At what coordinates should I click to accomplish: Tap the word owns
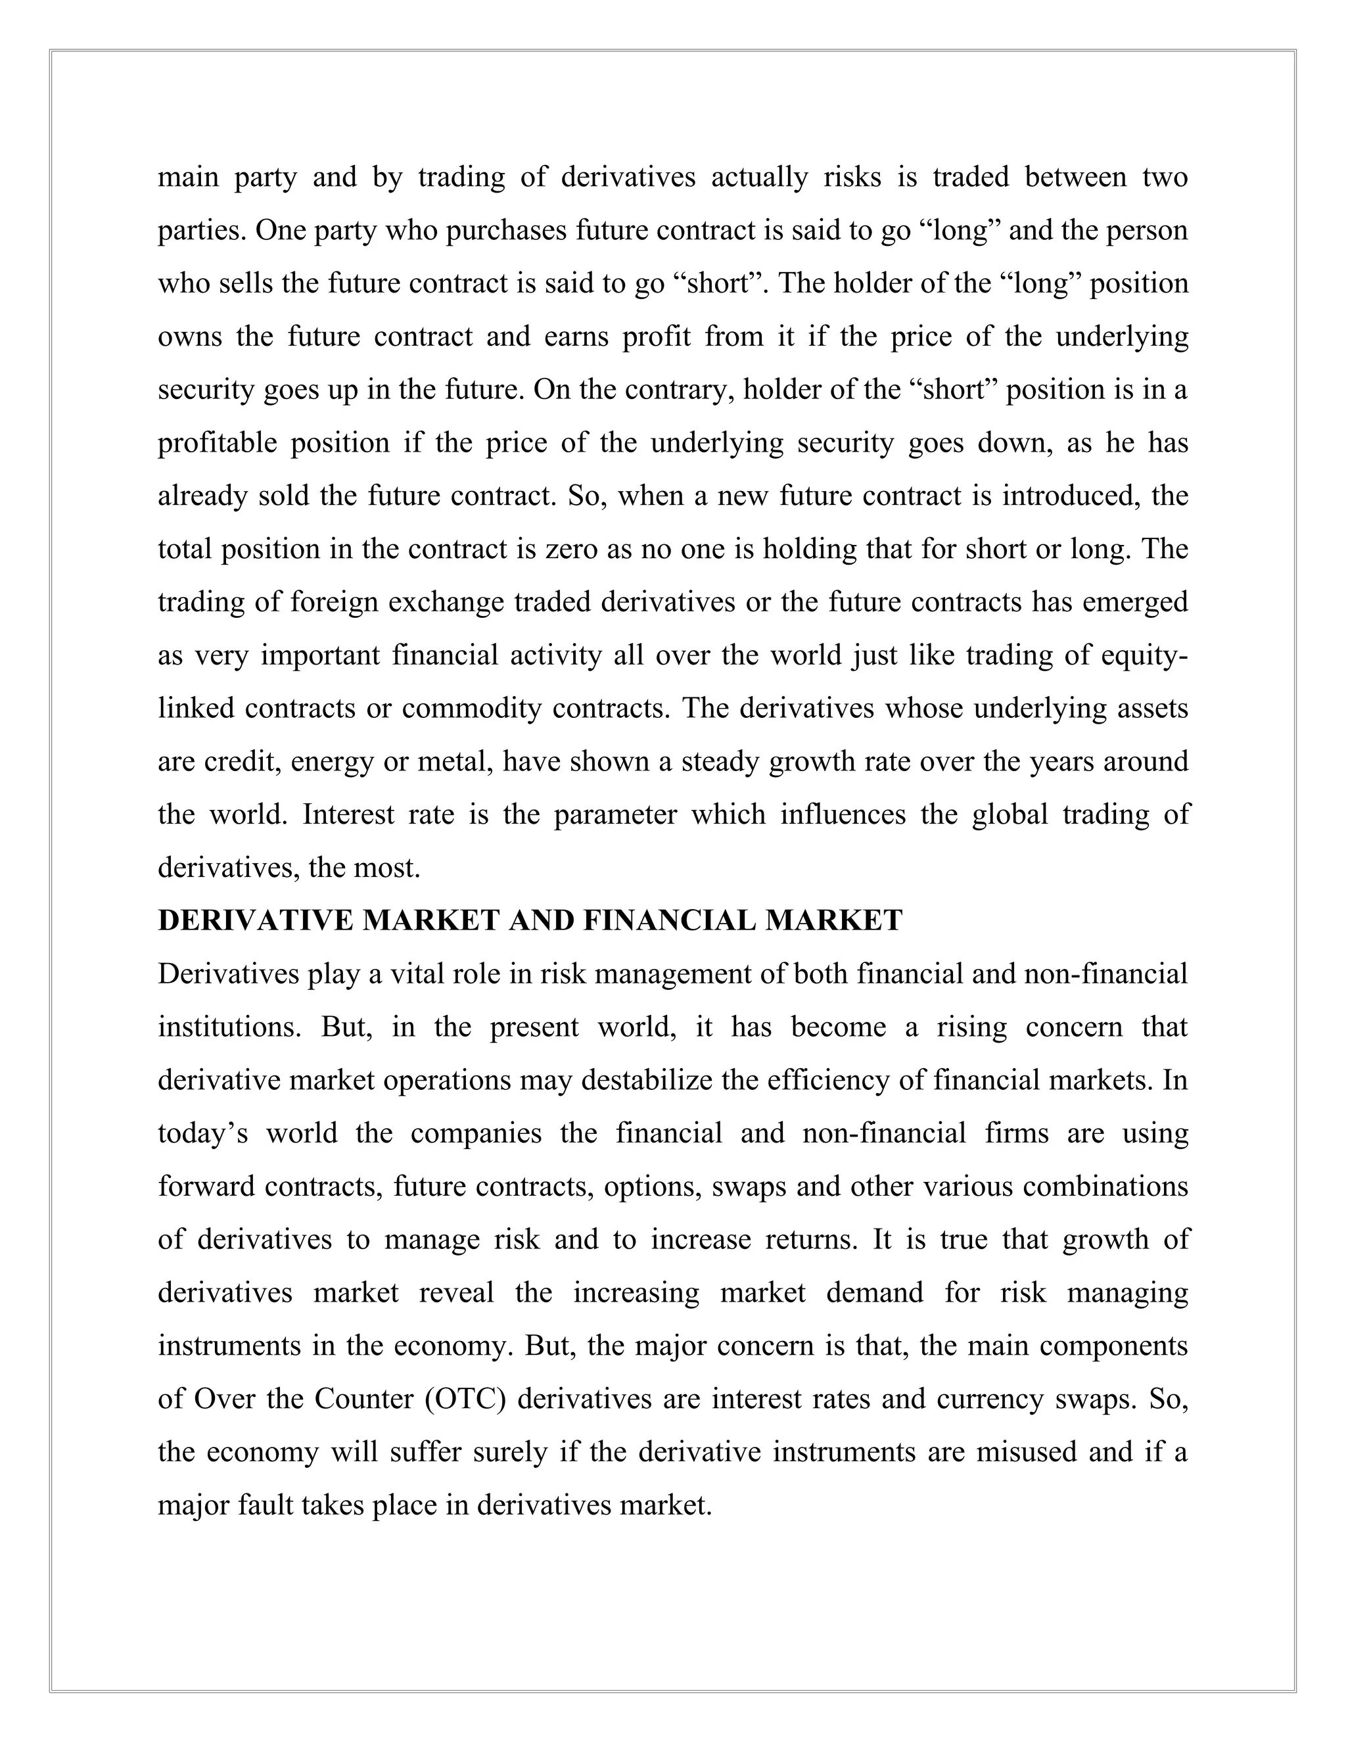[190, 337]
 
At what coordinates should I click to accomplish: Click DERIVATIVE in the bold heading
[255, 921]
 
